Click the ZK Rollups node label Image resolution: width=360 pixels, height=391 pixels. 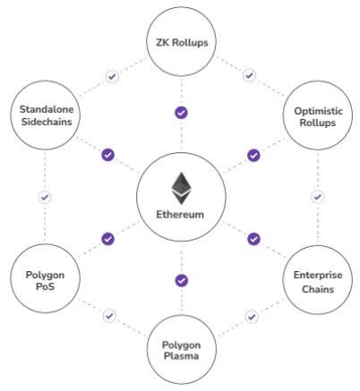182,42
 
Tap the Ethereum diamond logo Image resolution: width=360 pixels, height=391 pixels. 182,188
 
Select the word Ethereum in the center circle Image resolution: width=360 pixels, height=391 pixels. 180,215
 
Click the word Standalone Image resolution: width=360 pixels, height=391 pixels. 47,109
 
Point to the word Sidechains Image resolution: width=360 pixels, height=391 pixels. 47,122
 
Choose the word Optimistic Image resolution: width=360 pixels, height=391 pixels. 318,111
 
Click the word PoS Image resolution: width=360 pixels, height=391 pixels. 45,286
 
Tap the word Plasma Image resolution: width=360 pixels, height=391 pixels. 182,356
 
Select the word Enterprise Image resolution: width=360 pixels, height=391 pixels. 318,275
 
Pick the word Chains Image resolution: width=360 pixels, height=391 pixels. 318,289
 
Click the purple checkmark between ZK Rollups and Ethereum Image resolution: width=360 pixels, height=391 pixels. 181,113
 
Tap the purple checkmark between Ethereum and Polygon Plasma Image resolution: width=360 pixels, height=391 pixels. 181,281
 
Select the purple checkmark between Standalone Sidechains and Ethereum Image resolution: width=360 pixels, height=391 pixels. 108,155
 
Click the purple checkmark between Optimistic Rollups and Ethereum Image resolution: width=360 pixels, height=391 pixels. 253,156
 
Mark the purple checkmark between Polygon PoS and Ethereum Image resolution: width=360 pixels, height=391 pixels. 108,239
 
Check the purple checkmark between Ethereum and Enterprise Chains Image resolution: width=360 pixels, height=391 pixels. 253,239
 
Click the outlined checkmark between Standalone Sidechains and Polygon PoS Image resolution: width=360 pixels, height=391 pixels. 45,197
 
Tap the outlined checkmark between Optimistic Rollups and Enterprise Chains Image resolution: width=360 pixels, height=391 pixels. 318,197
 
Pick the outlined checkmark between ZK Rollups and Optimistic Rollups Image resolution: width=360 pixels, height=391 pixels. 249,75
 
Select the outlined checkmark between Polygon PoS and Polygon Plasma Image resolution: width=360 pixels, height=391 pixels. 109,316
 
